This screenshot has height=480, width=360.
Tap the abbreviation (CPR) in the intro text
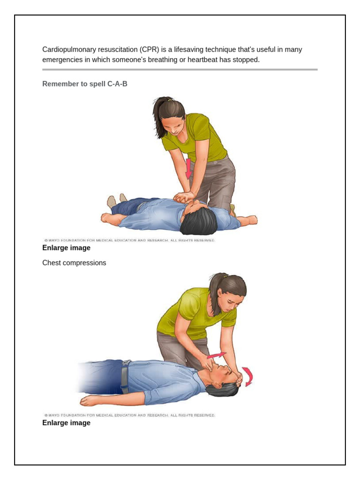[x=143, y=50]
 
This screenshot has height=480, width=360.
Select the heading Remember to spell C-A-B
[x=85, y=84]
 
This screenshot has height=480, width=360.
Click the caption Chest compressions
[x=74, y=263]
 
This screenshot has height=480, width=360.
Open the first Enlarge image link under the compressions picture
[x=66, y=248]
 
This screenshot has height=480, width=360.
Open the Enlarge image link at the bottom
[x=66, y=423]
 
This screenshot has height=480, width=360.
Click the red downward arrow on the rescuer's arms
[x=188, y=169]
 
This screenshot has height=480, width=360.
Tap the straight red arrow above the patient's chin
[x=217, y=355]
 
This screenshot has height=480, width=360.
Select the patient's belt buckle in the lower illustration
[x=126, y=363]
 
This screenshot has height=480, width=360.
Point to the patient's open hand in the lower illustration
[x=89, y=401]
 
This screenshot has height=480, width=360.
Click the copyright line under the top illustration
[x=130, y=240]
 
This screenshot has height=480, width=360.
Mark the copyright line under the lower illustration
[x=130, y=415]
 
